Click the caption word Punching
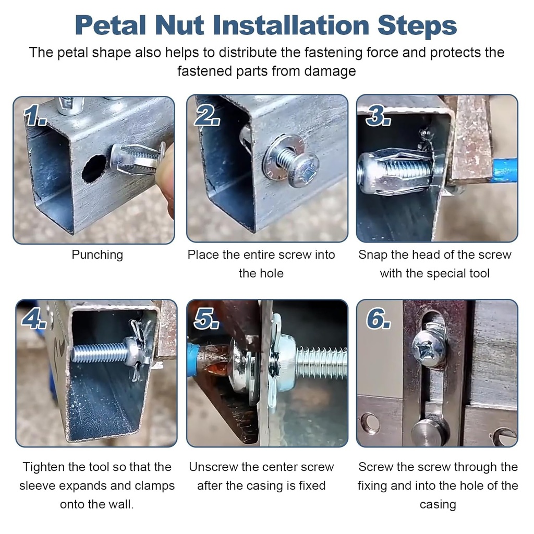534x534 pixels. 97,255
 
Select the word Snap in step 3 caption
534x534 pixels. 371,255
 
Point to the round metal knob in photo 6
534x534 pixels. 429,431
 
